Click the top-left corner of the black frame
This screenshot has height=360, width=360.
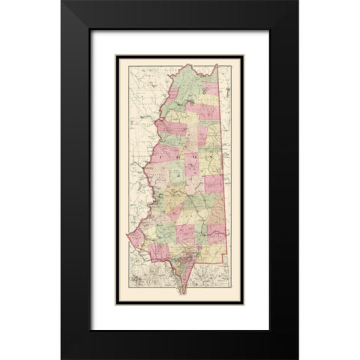click(61, 1)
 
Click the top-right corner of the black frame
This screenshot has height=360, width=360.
click(298, 1)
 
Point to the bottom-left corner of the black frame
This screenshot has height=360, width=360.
click(61, 358)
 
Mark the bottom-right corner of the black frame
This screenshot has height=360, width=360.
click(298, 358)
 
